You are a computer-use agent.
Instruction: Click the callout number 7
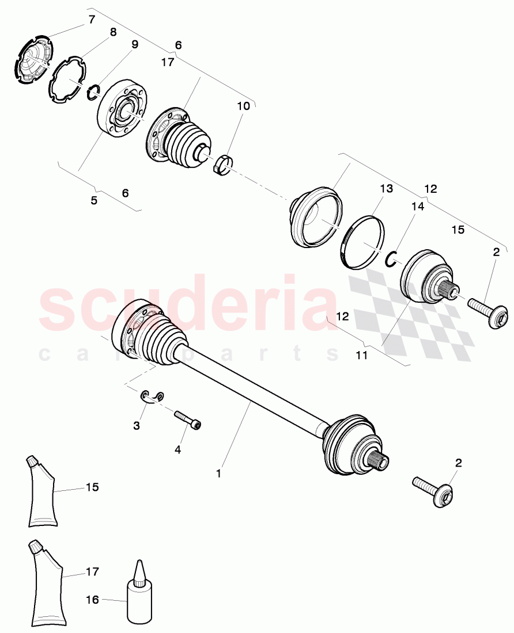click(92, 20)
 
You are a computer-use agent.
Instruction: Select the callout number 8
click(113, 32)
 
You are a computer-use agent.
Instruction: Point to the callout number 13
click(385, 189)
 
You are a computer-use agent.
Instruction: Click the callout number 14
click(417, 206)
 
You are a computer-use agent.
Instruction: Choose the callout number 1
click(218, 473)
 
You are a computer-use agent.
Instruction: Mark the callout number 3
click(137, 426)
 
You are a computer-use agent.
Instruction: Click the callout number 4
click(177, 449)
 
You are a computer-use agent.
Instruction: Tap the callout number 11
click(361, 356)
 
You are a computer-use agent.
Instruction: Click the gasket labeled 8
click(69, 81)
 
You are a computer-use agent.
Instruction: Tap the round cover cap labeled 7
click(32, 60)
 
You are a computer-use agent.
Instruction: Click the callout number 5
click(93, 201)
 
